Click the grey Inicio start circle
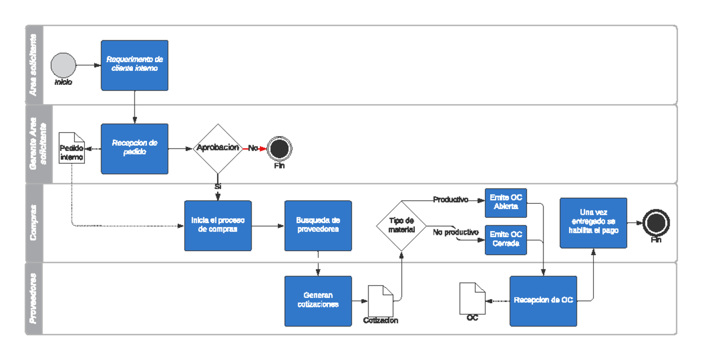(63, 65)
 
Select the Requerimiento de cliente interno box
(135, 65)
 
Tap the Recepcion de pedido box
(135, 149)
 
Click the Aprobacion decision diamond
(218, 148)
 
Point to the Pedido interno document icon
(71, 148)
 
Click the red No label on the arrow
(253, 148)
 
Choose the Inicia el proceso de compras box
(218, 225)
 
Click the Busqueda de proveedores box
(318, 225)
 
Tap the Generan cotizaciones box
(318, 300)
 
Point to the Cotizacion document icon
(380, 300)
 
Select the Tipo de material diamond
(401, 225)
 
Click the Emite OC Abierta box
(506, 203)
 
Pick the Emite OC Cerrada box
(506, 239)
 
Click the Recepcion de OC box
(543, 300)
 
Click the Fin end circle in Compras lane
(655, 222)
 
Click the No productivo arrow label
(456, 232)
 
